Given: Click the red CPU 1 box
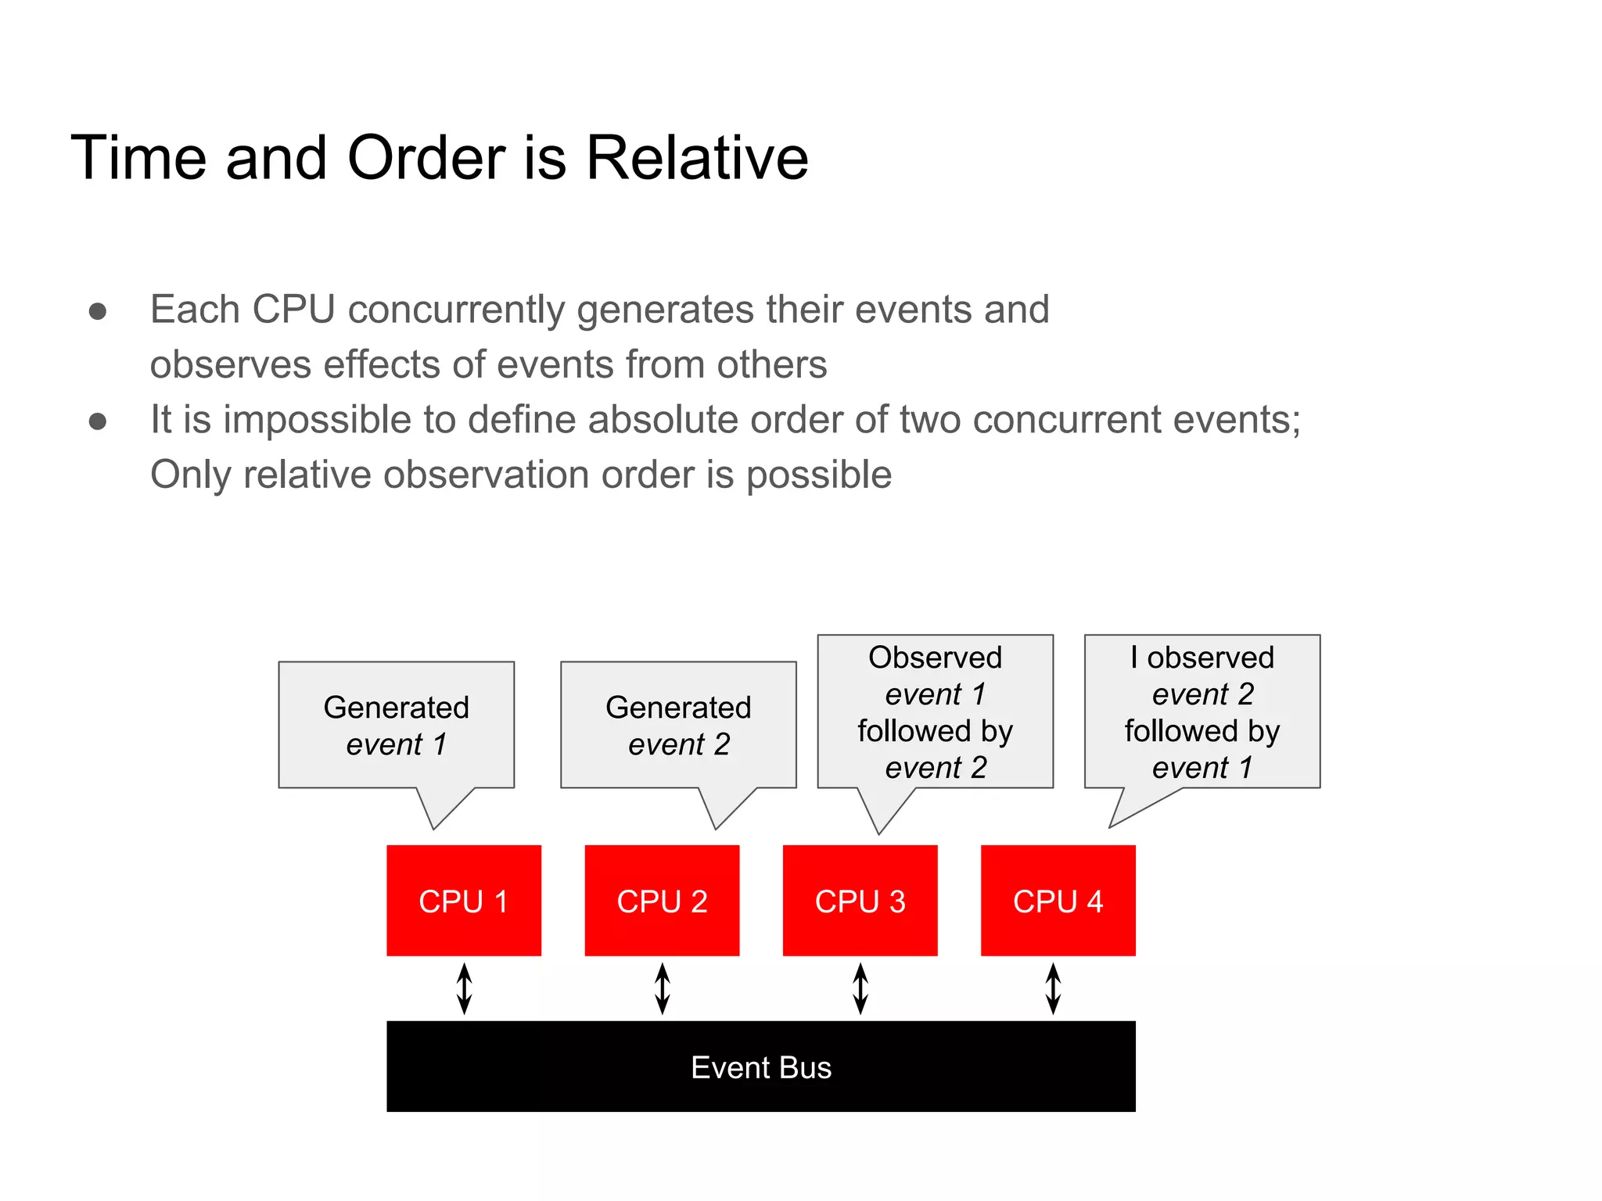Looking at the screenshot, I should [x=464, y=900].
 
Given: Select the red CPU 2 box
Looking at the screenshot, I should [x=662, y=900].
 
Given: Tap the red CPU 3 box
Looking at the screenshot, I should [x=860, y=900].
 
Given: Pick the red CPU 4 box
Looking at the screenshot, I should [x=1058, y=900].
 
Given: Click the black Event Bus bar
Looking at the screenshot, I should [x=760, y=1066].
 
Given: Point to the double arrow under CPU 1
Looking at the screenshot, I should [x=464, y=988].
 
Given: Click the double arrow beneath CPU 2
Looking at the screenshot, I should [x=662, y=988].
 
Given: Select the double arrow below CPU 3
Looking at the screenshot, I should [x=860, y=988].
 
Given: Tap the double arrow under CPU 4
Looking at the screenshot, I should [x=1053, y=988].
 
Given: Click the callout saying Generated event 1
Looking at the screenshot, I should [x=396, y=725].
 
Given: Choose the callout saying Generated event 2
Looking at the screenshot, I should [x=678, y=725].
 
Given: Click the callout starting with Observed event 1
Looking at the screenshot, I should [x=935, y=712].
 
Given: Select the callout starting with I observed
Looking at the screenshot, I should [x=1201, y=712].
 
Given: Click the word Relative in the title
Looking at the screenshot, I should [x=696, y=158].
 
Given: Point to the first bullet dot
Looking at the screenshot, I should [x=98, y=312].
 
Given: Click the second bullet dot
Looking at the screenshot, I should [x=98, y=422].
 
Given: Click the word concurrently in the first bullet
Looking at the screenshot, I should [x=455, y=310].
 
